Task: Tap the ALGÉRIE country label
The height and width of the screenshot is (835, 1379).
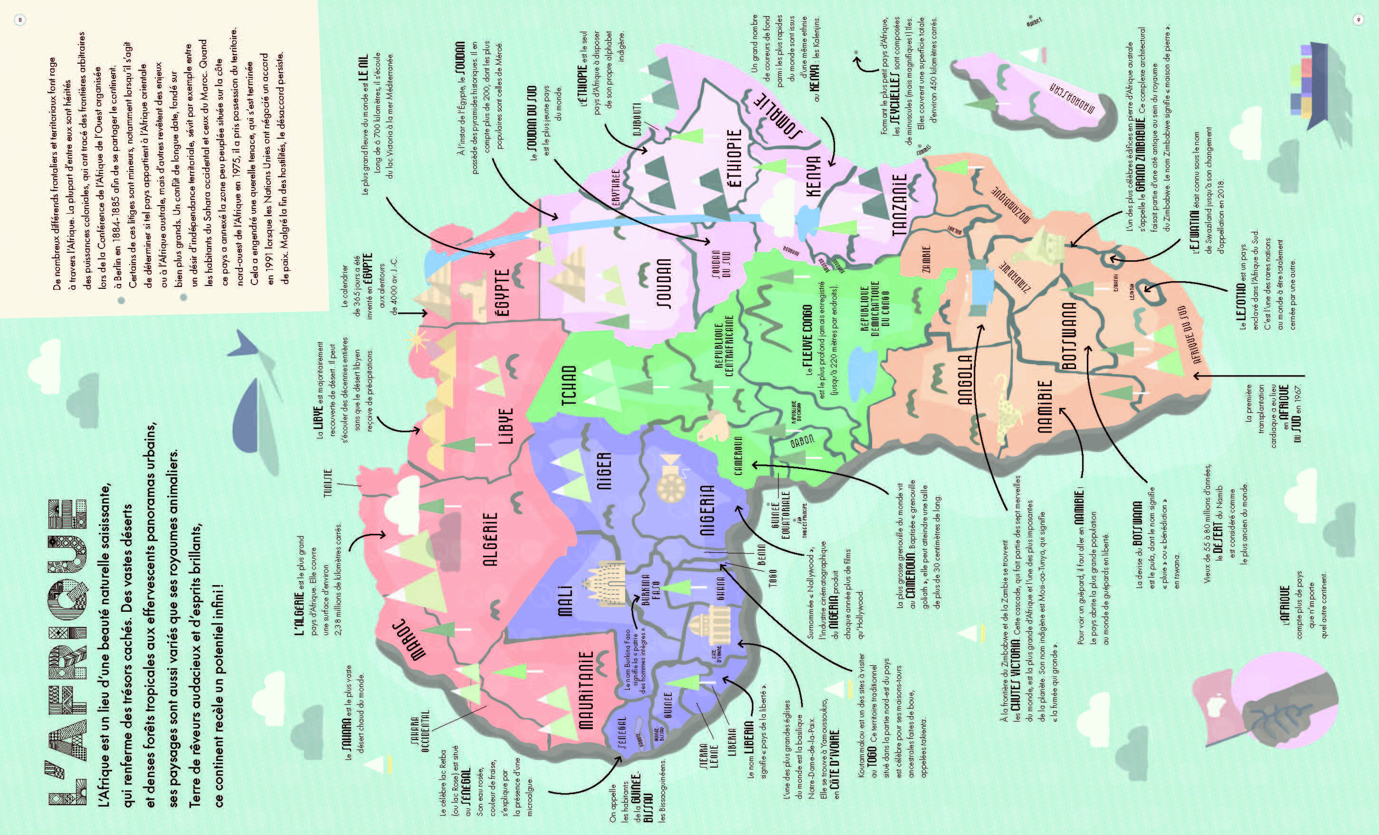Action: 491,540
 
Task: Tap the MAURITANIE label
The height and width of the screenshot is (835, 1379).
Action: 585,690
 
